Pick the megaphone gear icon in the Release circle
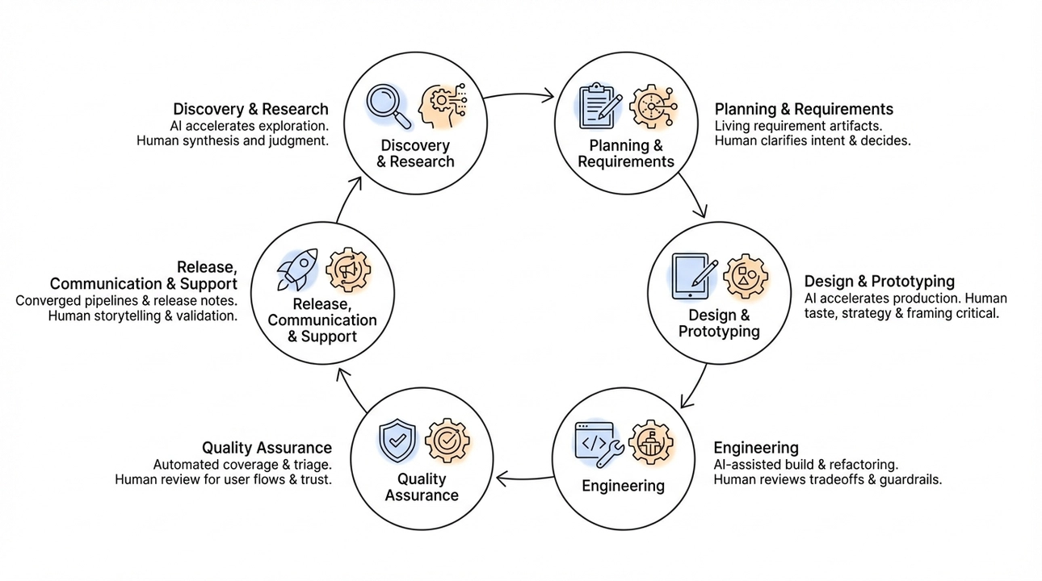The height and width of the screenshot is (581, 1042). (348, 270)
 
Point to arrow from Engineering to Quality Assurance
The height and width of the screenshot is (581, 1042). (524, 479)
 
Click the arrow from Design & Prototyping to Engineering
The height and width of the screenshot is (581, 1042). (694, 387)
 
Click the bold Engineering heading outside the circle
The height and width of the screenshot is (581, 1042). (756, 448)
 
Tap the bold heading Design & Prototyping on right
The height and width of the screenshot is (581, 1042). (879, 282)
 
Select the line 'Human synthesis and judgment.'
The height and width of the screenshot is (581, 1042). (233, 141)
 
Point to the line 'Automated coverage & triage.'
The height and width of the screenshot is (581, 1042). (242, 465)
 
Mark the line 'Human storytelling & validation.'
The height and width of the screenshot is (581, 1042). (143, 316)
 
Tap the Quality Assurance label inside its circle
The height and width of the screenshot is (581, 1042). (422, 487)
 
